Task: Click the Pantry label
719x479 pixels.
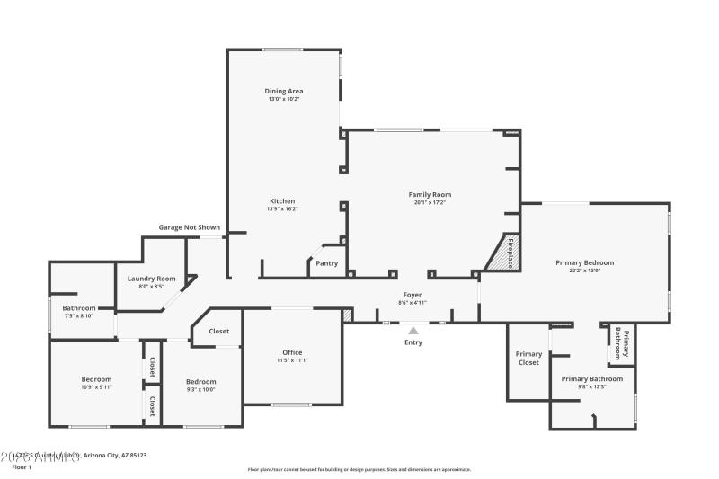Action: (x=327, y=263)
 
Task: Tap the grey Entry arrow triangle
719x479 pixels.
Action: (x=413, y=331)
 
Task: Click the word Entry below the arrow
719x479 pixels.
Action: (x=413, y=342)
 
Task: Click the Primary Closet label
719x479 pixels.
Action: (x=528, y=359)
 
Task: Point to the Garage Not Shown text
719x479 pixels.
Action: (x=190, y=227)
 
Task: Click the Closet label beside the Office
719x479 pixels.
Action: (x=219, y=332)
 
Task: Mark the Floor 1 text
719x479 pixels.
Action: (x=22, y=467)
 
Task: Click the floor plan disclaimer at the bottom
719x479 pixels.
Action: (x=359, y=469)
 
